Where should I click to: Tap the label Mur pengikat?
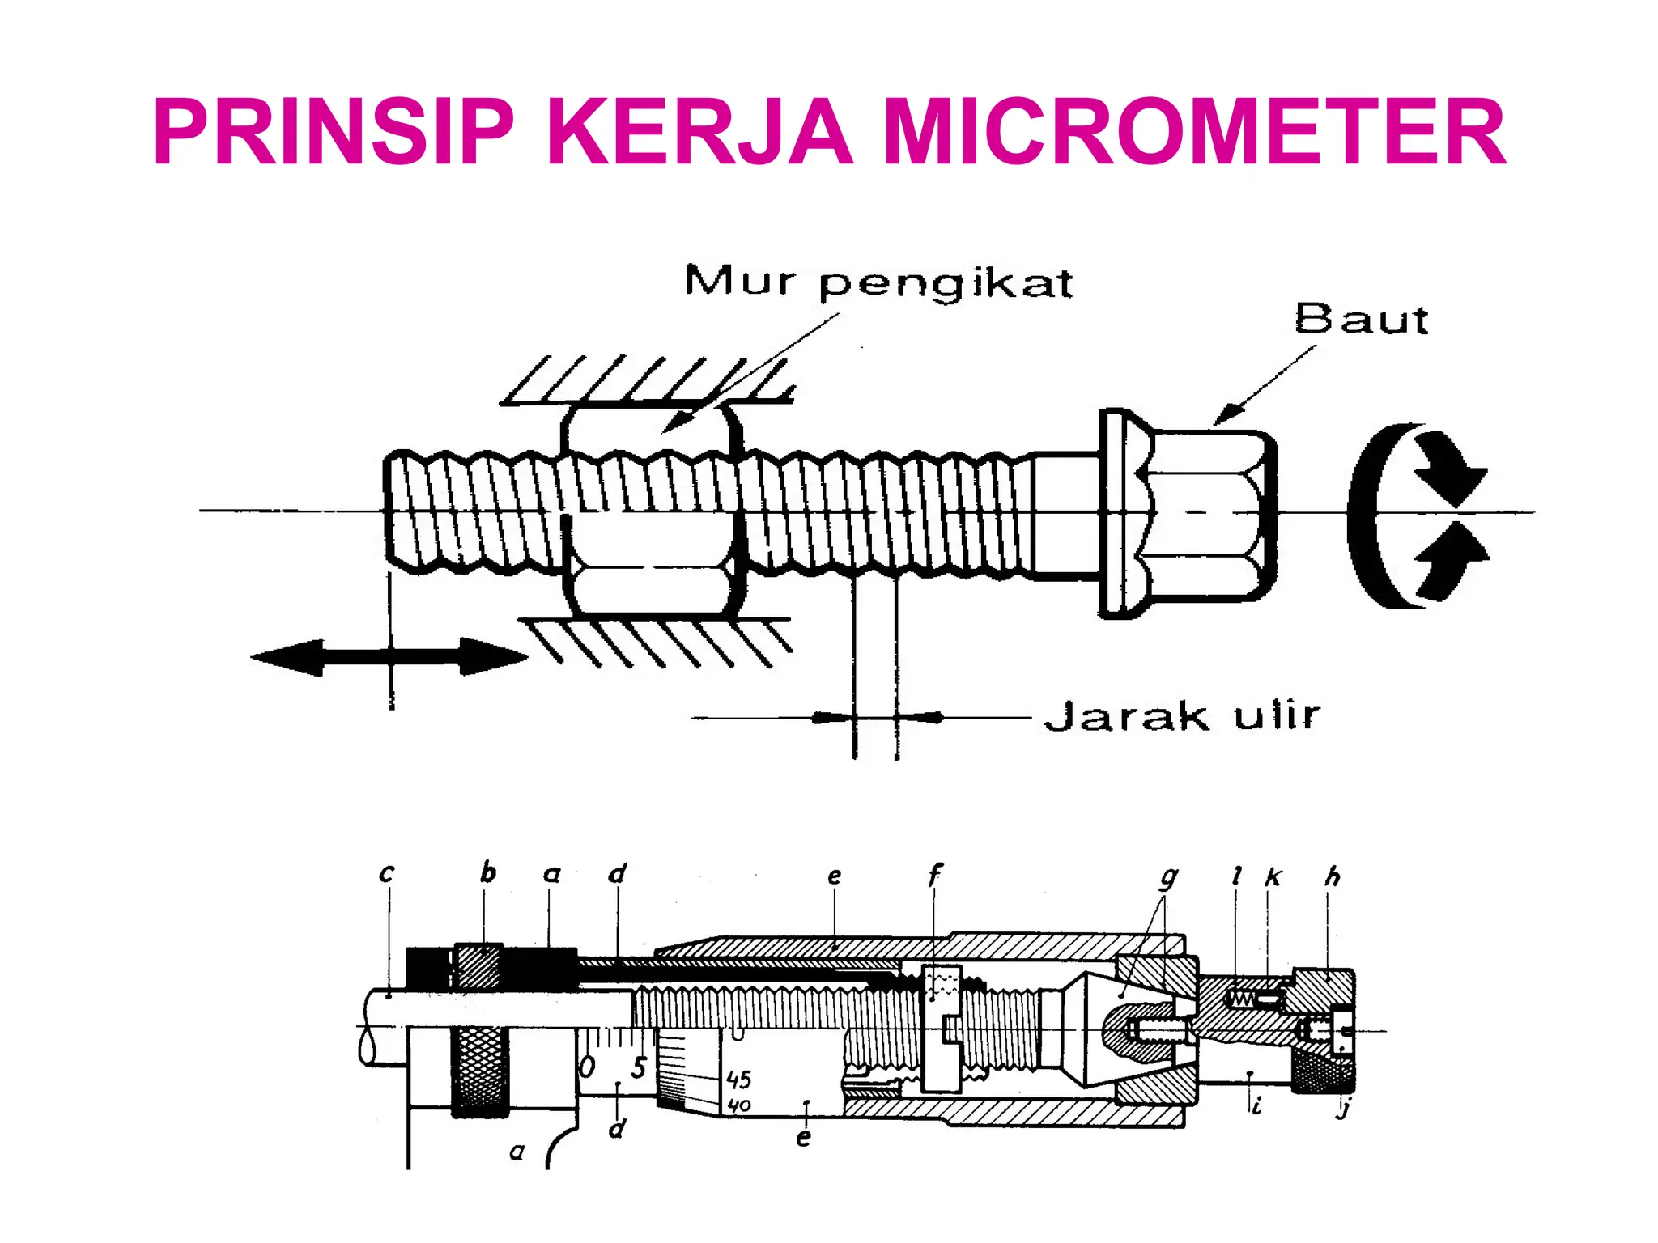878,282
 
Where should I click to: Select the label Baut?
1361,320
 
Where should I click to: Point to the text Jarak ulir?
1182,716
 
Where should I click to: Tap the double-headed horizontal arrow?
389,656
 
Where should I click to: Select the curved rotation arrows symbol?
1417,515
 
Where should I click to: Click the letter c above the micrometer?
386,873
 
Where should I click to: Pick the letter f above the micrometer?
934,874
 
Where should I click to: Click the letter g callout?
1168,877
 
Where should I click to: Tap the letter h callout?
1332,876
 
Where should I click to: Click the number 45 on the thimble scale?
738,1080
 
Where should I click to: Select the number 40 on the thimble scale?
739,1105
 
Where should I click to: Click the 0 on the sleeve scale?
588,1067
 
